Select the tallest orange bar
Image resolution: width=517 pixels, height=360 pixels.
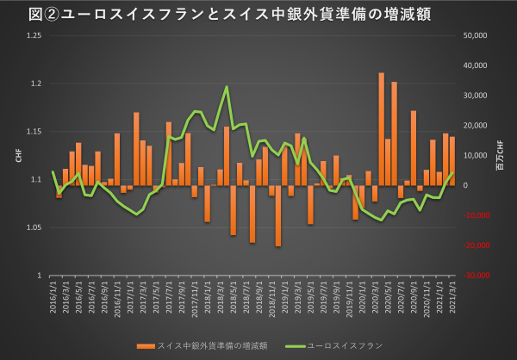(382, 129)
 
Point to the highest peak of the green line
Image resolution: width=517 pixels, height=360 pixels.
(227, 86)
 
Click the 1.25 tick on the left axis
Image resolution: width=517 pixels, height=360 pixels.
(33, 35)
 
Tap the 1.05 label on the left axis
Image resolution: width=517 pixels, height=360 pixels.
(33, 227)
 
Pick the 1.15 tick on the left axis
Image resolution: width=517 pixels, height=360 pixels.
(33, 131)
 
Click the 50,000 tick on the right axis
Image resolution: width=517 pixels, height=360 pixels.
(478, 35)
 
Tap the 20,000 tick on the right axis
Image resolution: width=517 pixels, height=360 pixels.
(478, 125)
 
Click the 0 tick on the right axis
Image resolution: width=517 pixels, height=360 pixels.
(466, 185)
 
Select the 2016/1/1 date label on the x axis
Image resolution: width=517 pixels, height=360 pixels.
(54, 297)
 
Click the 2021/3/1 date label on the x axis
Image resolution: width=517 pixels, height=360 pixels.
(453, 297)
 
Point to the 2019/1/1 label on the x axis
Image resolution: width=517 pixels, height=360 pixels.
(285, 297)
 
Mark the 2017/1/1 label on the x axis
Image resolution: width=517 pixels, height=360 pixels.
(131, 297)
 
